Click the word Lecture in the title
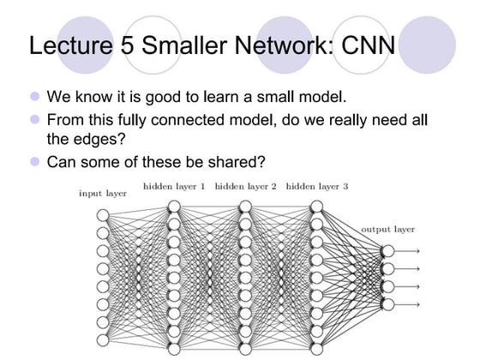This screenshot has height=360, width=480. click(68, 45)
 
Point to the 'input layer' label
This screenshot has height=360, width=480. click(103, 193)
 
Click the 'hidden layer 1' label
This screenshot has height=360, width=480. click(174, 185)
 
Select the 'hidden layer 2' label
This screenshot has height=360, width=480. click(245, 185)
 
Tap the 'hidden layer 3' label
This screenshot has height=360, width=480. click(316, 185)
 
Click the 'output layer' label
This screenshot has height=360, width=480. click(387, 230)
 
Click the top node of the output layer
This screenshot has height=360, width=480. click(387, 250)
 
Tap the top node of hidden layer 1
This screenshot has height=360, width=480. click(174, 207)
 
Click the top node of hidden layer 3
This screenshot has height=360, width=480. click(316, 207)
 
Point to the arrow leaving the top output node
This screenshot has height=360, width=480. click(409, 250)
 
